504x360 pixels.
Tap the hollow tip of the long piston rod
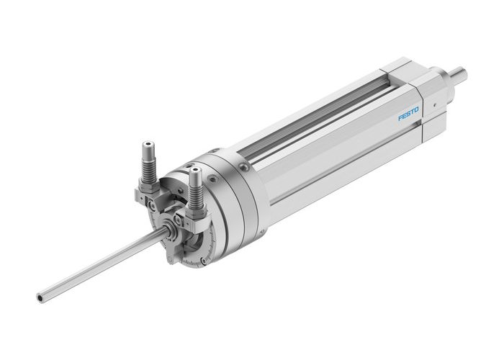coord(41,295)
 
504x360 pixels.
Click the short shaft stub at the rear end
coord(457,72)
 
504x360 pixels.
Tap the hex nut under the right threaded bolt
coord(197,211)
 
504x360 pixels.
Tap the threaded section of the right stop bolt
coord(195,192)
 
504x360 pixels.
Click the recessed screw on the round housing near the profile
coord(245,168)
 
